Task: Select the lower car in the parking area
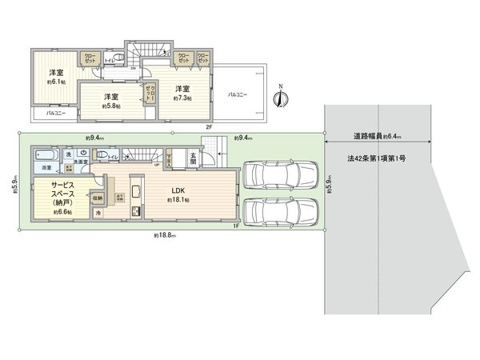(280, 212)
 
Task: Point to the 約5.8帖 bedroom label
(110, 101)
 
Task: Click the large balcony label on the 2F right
(238, 94)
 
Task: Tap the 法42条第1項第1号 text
(377, 159)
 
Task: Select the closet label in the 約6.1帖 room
(89, 58)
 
